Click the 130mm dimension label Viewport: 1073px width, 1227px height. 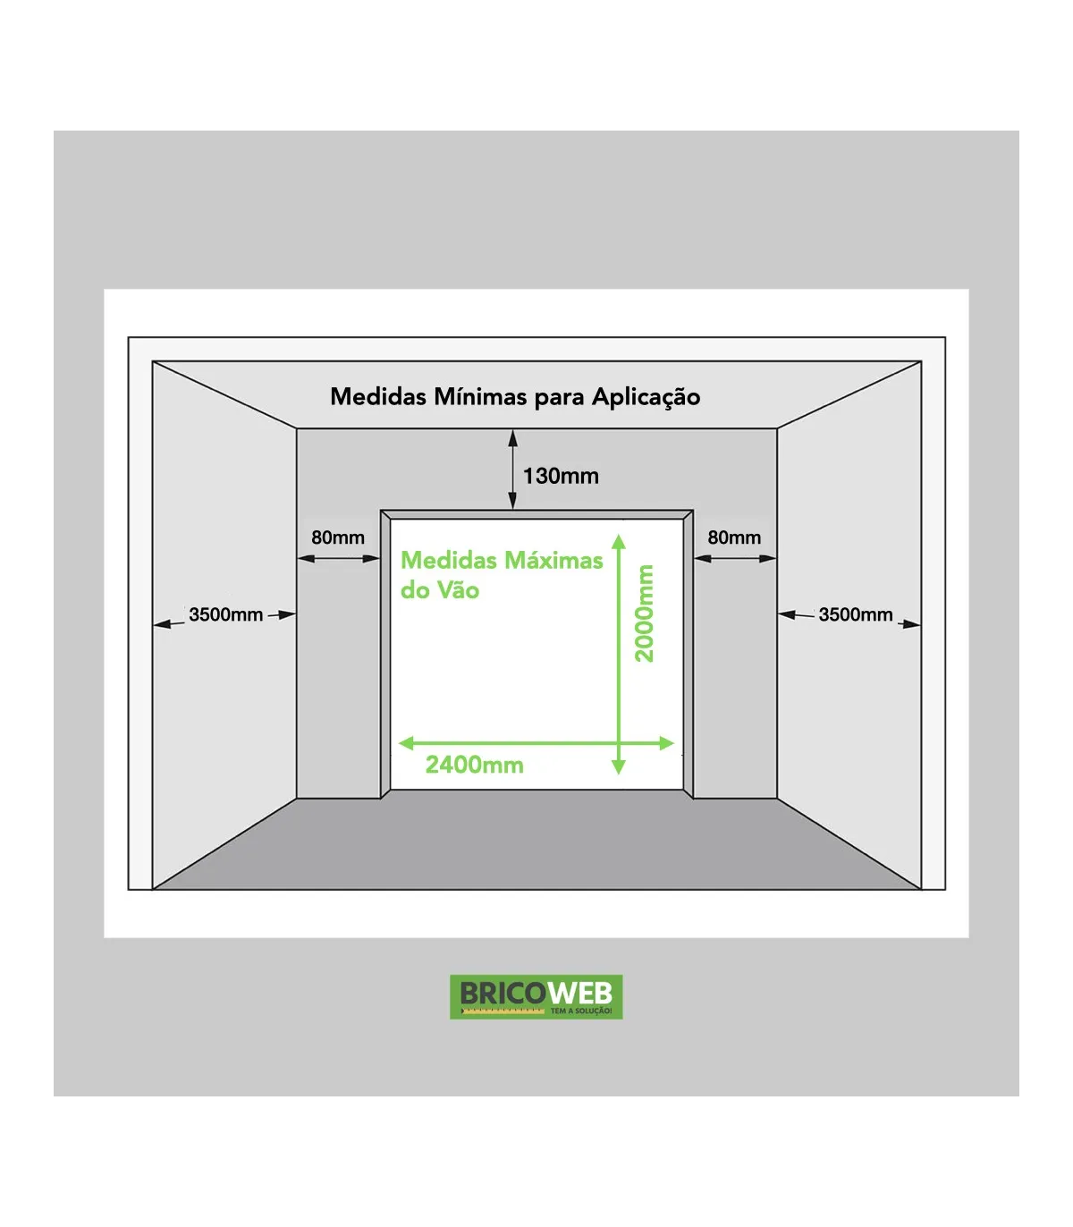point(561,476)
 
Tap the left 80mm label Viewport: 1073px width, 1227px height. point(337,537)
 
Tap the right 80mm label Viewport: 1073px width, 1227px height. point(734,537)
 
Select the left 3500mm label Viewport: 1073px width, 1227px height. point(225,614)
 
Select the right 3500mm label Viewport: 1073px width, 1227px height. point(856,614)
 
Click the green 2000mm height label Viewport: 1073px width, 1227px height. point(644,613)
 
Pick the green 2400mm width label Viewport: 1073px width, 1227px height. point(474,765)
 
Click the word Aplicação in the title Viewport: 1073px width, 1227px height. point(646,398)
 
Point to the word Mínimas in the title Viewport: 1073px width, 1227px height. point(481,396)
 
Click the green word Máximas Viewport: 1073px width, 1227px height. point(553,560)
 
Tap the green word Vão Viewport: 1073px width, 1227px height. point(459,590)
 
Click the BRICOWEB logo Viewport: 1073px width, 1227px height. point(536,996)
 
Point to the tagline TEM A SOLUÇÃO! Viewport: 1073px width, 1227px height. point(581,1011)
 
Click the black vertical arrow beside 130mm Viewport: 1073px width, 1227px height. point(512,470)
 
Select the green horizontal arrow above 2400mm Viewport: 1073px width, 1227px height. point(536,744)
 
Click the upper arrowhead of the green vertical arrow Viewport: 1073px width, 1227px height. point(619,541)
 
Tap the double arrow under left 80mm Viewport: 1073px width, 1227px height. point(338,559)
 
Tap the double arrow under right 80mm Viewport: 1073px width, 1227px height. point(735,559)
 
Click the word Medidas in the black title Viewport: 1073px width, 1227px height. point(379,396)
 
